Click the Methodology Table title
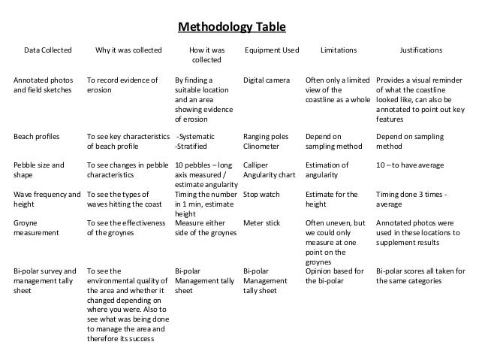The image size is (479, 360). [x=231, y=29]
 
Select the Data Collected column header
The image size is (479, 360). [x=48, y=50]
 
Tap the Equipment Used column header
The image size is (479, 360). [x=272, y=50]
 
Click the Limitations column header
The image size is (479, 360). [x=339, y=50]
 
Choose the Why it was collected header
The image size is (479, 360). [x=128, y=50]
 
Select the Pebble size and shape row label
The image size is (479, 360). [x=39, y=169]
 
